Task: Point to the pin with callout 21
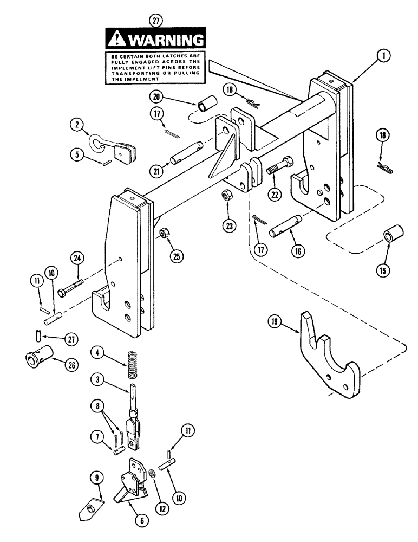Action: (x=187, y=152)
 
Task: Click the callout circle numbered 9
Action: (x=92, y=478)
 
